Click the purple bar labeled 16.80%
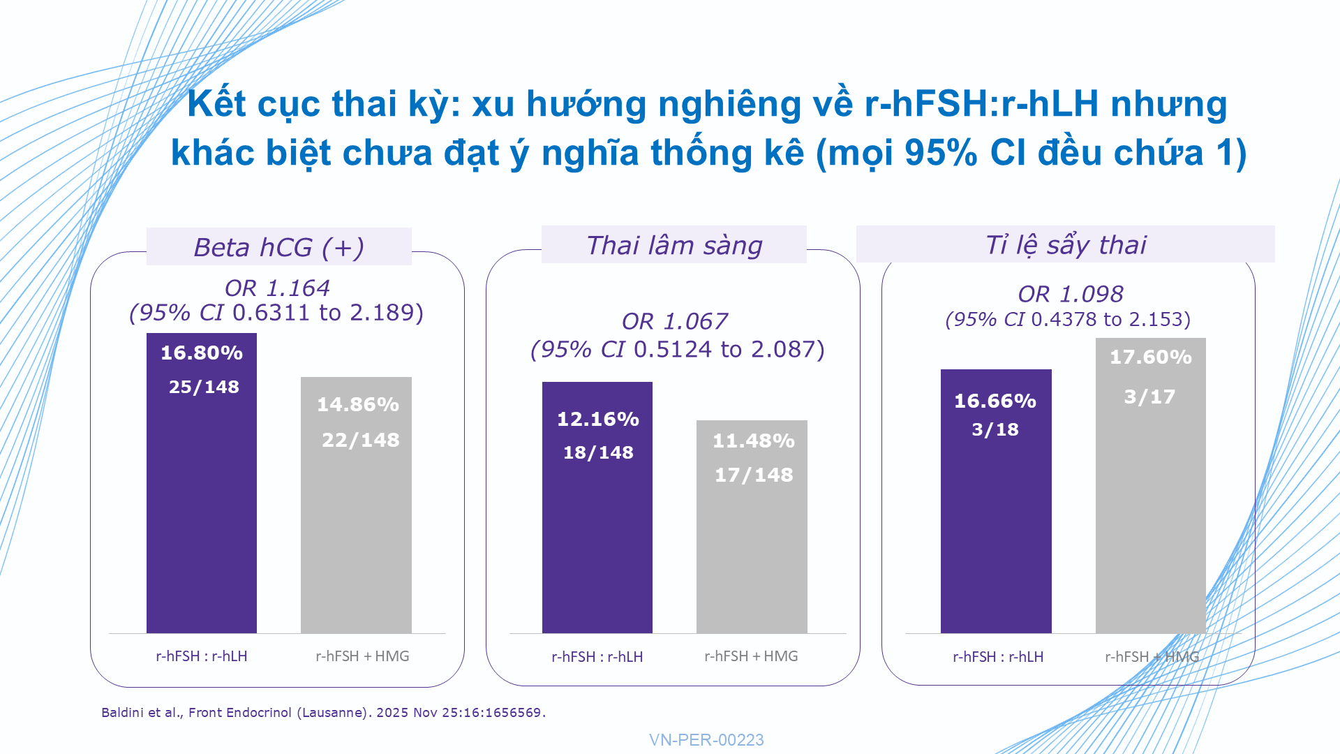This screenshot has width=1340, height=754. pyautogui.click(x=202, y=483)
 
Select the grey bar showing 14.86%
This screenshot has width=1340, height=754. pyautogui.click(x=356, y=505)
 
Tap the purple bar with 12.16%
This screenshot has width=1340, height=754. pyautogui.click(x=597, y=508)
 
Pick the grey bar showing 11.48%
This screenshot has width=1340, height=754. pyautogui.click(x=752, y=526)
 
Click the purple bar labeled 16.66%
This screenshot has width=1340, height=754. pyautogui.click(x=996, y=501)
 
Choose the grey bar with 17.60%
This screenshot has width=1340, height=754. pyautogui.click(x=1151, y=485)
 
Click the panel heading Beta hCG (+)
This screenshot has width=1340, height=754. pyautogui.click(x=279, y=247)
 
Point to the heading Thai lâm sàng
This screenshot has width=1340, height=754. pyautogui.click(x=674, y=245)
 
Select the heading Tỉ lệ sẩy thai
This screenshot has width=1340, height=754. pyautogui.click(x=1066, y=245)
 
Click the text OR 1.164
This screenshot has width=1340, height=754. pyautogui.click(x=277, y=288)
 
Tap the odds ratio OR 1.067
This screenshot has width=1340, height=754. pyautogui.click(x=675, y=321)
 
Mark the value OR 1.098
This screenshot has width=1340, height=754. pyautogui.click(x=1071, y=294)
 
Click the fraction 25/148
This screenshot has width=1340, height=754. pyautogui.click(x=204, y=387)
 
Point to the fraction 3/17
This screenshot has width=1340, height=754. pyautogui.click(x=1149, y=397)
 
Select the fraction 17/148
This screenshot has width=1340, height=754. pyautogui.click(x=754, y=475)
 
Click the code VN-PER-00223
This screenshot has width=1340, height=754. pyautogui.click(x=706, y=740)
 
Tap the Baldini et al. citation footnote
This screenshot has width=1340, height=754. pyautogui.click(x=324, y=713)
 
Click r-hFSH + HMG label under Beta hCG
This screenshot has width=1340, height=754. pyautogui.click(x=362, y=656)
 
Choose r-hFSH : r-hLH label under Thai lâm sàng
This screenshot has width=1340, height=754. pyautogui.click(x=597, y=657)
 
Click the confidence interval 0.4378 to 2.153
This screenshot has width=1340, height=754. pyautogui.click(x=1111, y=319)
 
